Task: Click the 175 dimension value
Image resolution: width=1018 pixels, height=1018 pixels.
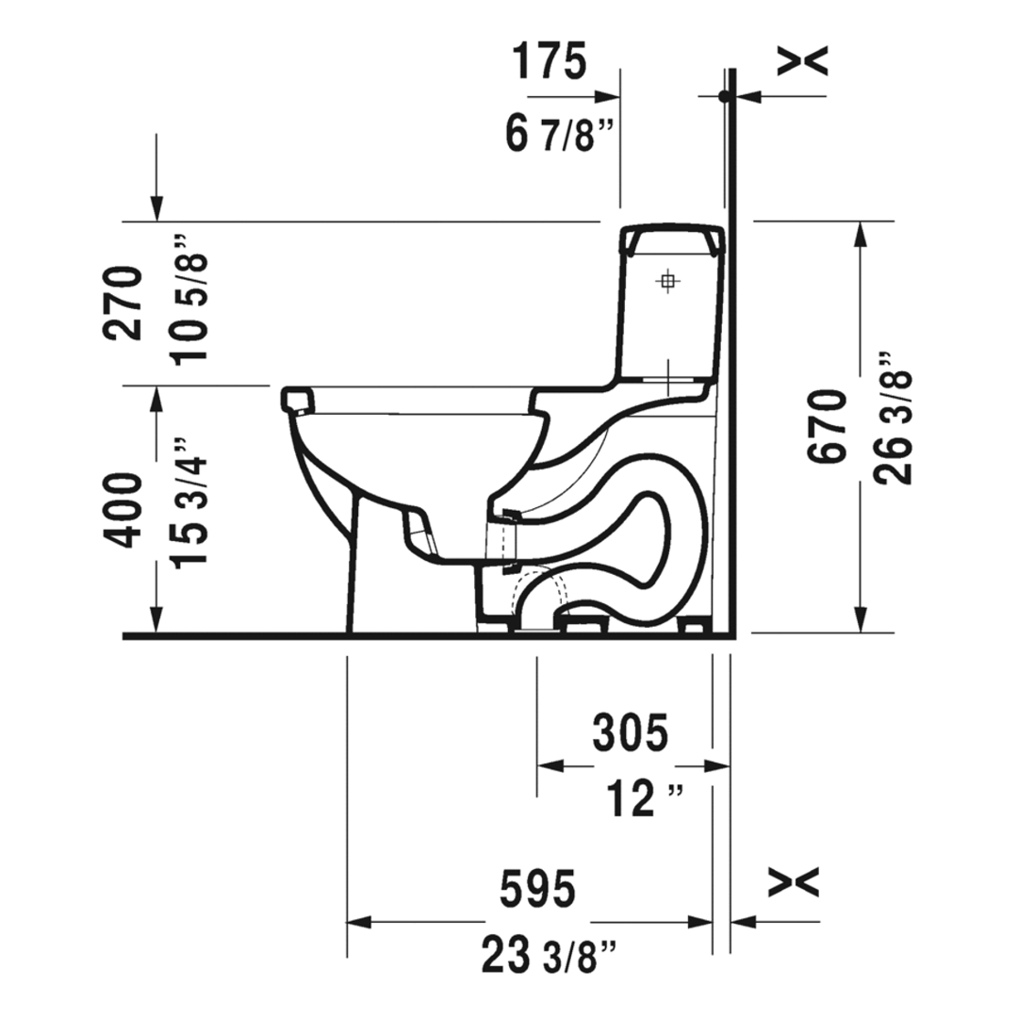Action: pos(550,61)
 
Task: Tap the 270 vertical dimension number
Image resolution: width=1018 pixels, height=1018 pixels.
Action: pos(124,303)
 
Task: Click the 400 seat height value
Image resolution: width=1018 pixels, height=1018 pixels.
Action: pos(124,510)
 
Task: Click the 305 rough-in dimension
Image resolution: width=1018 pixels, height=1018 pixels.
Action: pos(630,731)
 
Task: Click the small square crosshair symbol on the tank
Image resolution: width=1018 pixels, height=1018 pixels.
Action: pos(668,280)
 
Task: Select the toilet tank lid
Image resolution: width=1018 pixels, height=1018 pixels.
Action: pos(672,238)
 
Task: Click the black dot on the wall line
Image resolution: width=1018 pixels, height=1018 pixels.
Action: pos(724,96)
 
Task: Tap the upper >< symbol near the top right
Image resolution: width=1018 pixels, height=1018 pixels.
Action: pos(802,61)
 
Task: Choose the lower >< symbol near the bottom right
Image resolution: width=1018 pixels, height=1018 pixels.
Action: pos(794,883)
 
